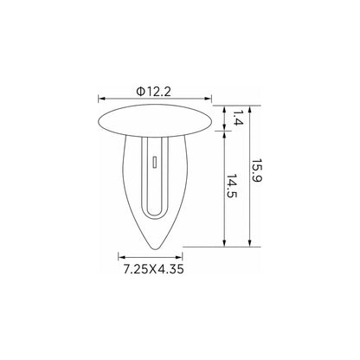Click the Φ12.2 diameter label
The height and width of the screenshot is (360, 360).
point(154,92)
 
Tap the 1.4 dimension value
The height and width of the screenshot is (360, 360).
point(238,118)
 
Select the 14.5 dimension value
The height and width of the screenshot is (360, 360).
point(231,186)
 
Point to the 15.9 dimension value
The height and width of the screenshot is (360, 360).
point(256,170)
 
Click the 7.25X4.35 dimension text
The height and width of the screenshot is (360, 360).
point(153,269)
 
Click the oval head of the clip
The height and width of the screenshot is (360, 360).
point(155,120)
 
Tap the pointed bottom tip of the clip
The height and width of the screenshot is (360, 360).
point(155,247)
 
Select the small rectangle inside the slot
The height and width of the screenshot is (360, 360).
point(155,162)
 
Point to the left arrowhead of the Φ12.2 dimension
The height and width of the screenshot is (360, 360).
point(101,99)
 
